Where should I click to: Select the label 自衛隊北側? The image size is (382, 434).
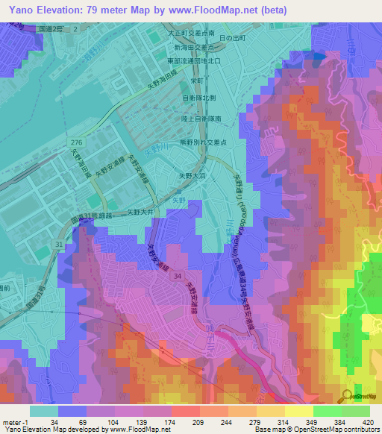pyautogui.click(x=199, y=97)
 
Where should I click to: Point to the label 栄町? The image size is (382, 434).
pyautogui.click(x=197, y=80)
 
